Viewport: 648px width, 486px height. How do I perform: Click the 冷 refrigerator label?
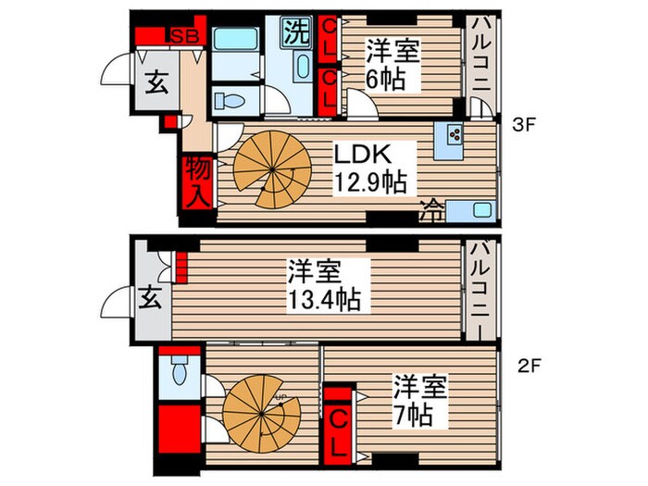[430, 208]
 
